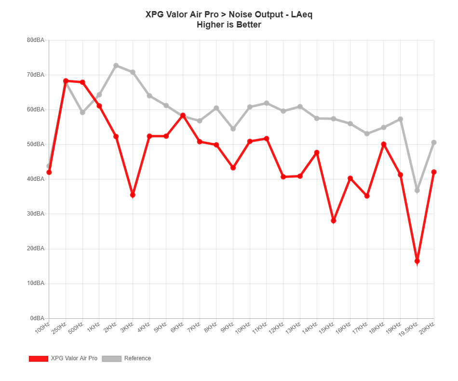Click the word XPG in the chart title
click(154, 14)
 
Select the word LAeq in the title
click(301, 14)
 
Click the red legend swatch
click(39, 358)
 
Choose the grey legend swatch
click(111, 358)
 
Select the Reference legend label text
click(137, 358)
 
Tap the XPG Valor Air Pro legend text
click(75, 358)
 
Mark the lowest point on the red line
click(417, 261)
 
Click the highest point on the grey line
click(116, 65)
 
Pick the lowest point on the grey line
click(417, 190)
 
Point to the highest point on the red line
click(66, 81)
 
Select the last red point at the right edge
click(434, 172)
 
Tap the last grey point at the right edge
click(434, 142)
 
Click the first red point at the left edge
click(49, 172)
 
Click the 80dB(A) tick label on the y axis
click(37, 40)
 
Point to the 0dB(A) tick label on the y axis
click(38, 318)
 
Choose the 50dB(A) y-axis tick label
click(37, 144)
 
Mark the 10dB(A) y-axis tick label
click(37, 283)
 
